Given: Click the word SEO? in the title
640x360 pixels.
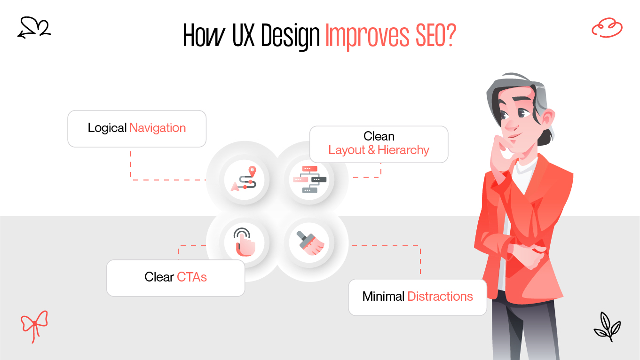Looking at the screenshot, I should [429, 35].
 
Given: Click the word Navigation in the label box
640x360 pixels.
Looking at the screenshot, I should [158, 128].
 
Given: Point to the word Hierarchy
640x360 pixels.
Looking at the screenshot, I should [403, 150].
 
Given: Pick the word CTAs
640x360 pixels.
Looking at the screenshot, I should [192, 277].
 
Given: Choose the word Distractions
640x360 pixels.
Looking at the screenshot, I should [440, 297].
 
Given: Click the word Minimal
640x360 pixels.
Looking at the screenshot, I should [383, 297].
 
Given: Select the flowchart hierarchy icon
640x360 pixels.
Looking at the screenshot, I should [309, 179].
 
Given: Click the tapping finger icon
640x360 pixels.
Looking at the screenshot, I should [244, 242].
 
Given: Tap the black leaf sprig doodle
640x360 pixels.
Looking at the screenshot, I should [607, 325].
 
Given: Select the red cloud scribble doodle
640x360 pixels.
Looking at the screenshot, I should [607, 28].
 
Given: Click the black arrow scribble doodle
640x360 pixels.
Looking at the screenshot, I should [34, 28].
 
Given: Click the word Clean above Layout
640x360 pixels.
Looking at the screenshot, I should [379, 136].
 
